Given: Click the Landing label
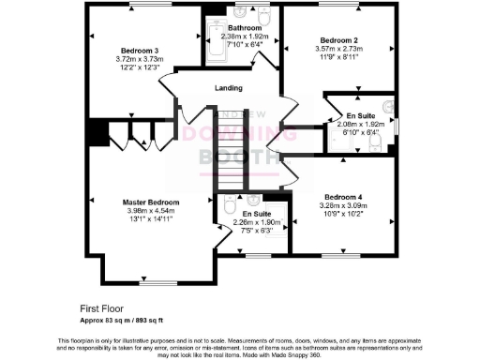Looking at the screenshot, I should click(x=228, y=88).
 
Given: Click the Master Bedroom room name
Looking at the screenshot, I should click(x=151, y=202).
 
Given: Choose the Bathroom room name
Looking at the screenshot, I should click(x=244, y=28).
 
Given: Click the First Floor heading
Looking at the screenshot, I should click(x=102, y=307).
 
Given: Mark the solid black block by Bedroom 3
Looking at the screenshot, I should click(x=96, y=130).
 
